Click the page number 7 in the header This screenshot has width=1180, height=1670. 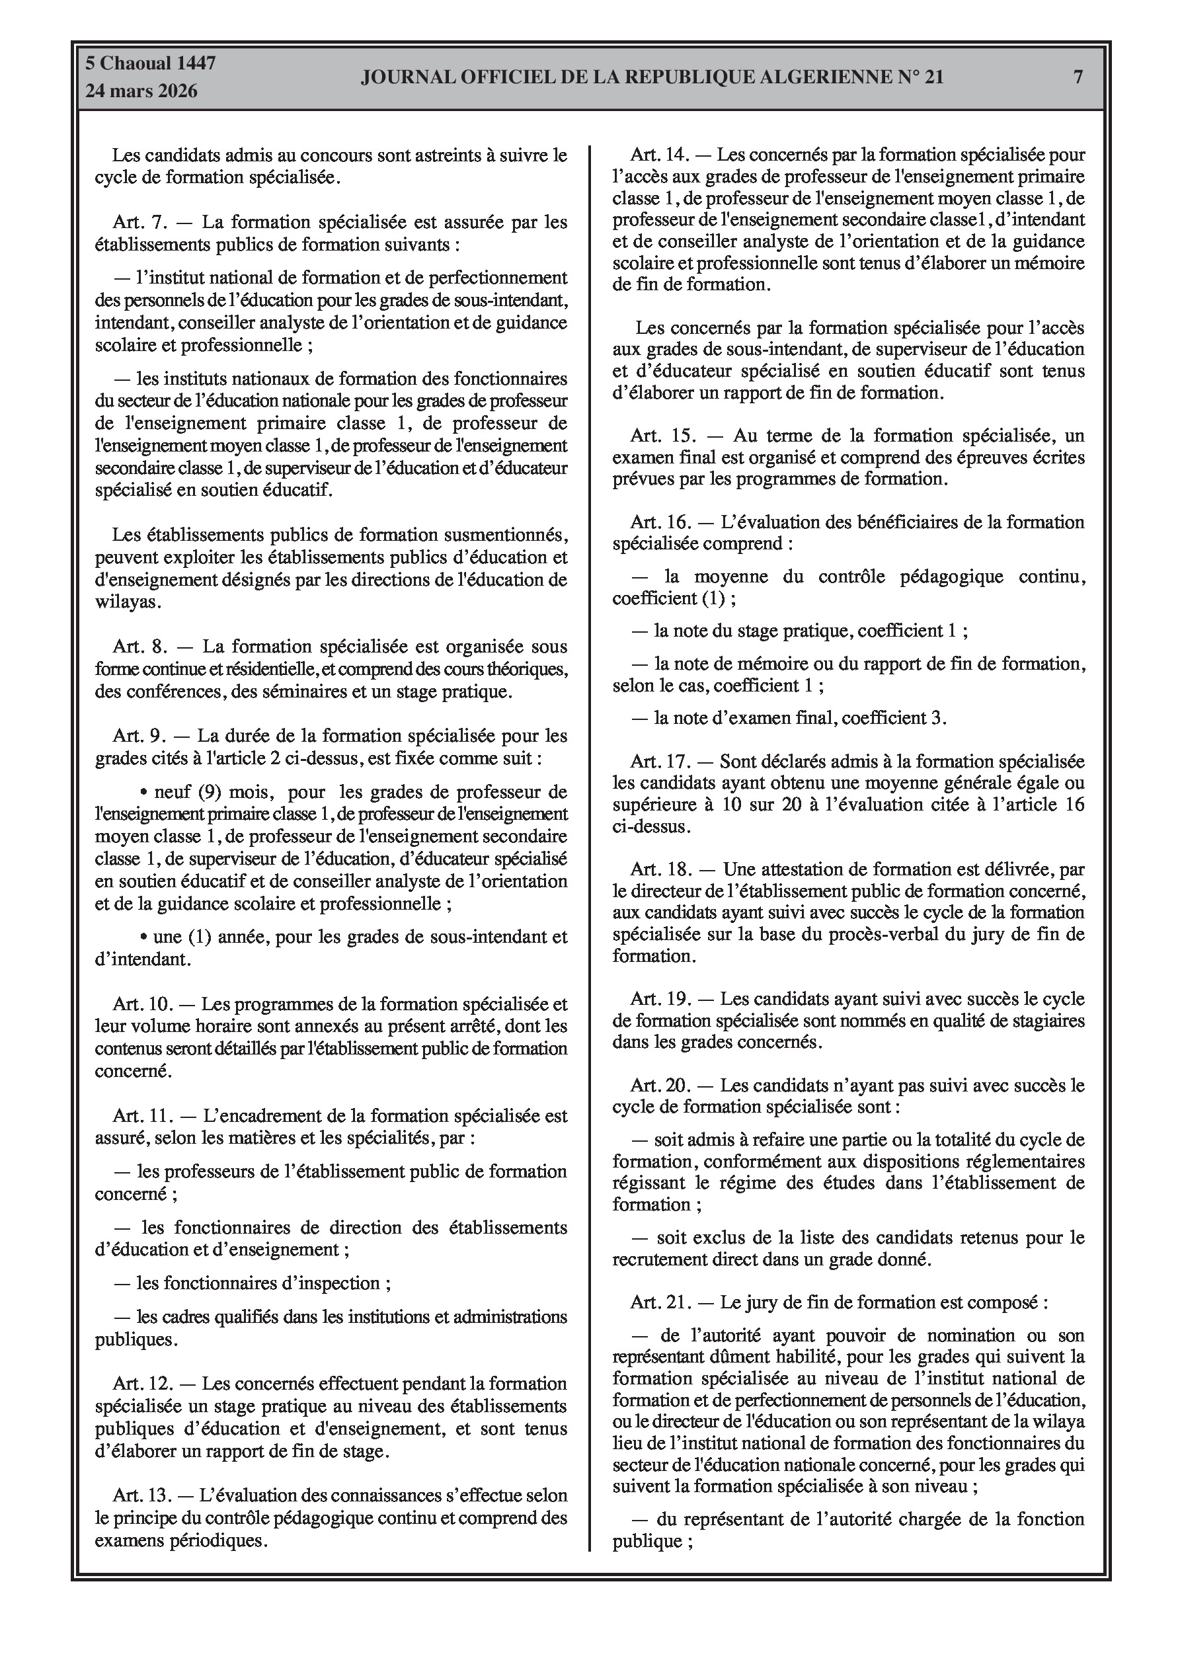click(1078, 77)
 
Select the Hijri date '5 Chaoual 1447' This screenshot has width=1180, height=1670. click(151, 63)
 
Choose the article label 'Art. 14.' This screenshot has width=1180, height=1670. click(659, 155)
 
